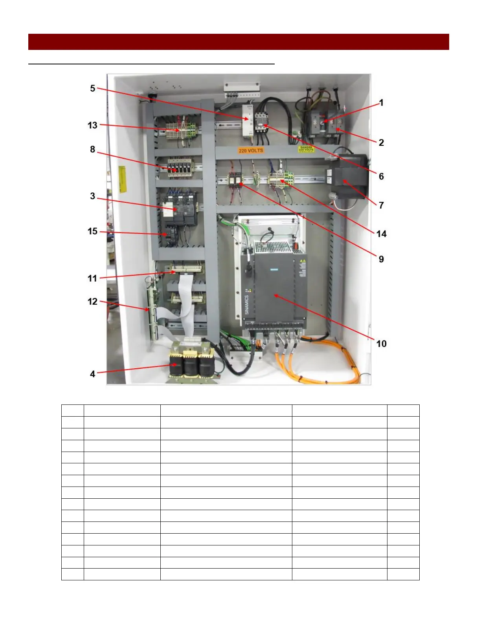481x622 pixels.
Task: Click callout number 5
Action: tap(92, 88)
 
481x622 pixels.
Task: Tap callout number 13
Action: tap(92, 125)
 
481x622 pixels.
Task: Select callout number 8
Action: tap(92, 149)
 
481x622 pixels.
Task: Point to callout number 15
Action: tap(92, 231)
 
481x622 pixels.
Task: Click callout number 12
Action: tap(92, 302)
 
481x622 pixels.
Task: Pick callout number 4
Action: tap(92, 374)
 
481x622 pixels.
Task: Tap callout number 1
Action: tap(381, 103)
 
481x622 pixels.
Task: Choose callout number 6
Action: tap(381, 176)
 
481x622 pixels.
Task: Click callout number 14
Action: tap(381, 234)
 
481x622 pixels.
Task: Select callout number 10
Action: tap(381, 344)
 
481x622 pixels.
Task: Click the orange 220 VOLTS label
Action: tap(251, 150)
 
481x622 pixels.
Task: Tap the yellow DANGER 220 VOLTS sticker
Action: tap(306, 149)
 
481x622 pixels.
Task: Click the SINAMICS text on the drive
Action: tap(247, 304)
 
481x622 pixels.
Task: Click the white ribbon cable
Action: tap(185, 302)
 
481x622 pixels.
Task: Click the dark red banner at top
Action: tap(239, 42)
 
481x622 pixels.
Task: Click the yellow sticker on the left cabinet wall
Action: tap(122, 179)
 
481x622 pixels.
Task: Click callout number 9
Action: tap(381, 259)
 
